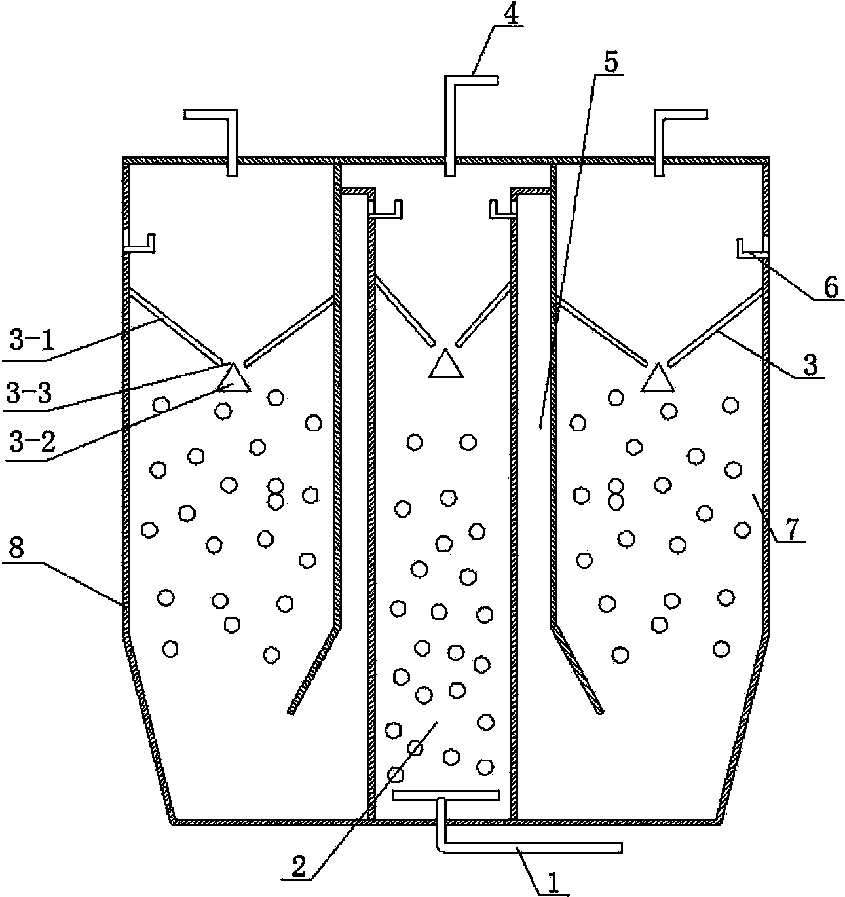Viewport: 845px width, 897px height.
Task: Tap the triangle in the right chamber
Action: (658, 380)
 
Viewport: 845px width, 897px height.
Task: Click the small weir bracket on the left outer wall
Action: (140, 244)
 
